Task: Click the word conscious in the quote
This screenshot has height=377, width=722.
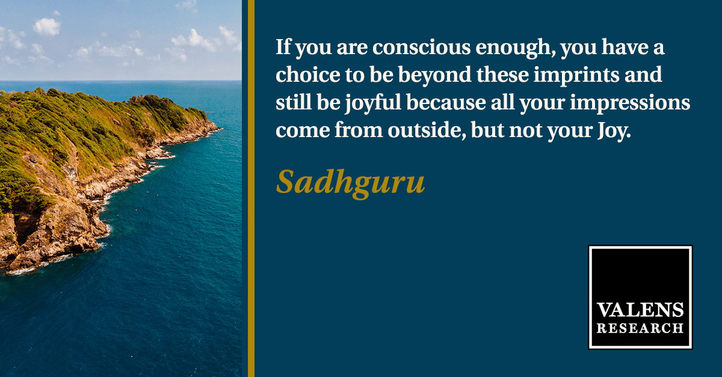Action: point(421,47)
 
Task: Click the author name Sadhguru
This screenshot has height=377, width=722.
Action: point(350,183)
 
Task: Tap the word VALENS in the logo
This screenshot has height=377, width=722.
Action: point(640,310)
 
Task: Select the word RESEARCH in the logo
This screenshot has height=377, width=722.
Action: point(640,328)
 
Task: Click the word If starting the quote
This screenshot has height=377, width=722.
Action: point(283,47)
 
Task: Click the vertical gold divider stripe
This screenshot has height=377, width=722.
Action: point(251,189)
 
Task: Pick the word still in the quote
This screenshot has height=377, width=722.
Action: point(294,102)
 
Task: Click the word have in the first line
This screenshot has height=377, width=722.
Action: point(621,47)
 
